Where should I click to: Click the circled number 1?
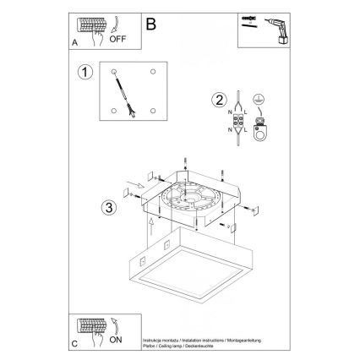(x=84, y=74)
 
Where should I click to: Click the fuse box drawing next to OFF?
(x=90, y=25)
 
